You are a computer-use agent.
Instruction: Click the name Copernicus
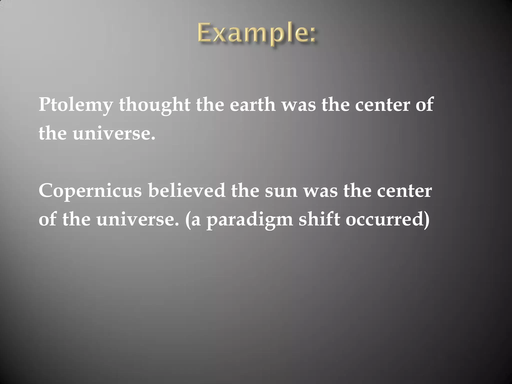pos(90,191)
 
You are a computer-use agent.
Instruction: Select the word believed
pos(186,191)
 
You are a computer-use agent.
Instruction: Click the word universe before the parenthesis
pos(137,220)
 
